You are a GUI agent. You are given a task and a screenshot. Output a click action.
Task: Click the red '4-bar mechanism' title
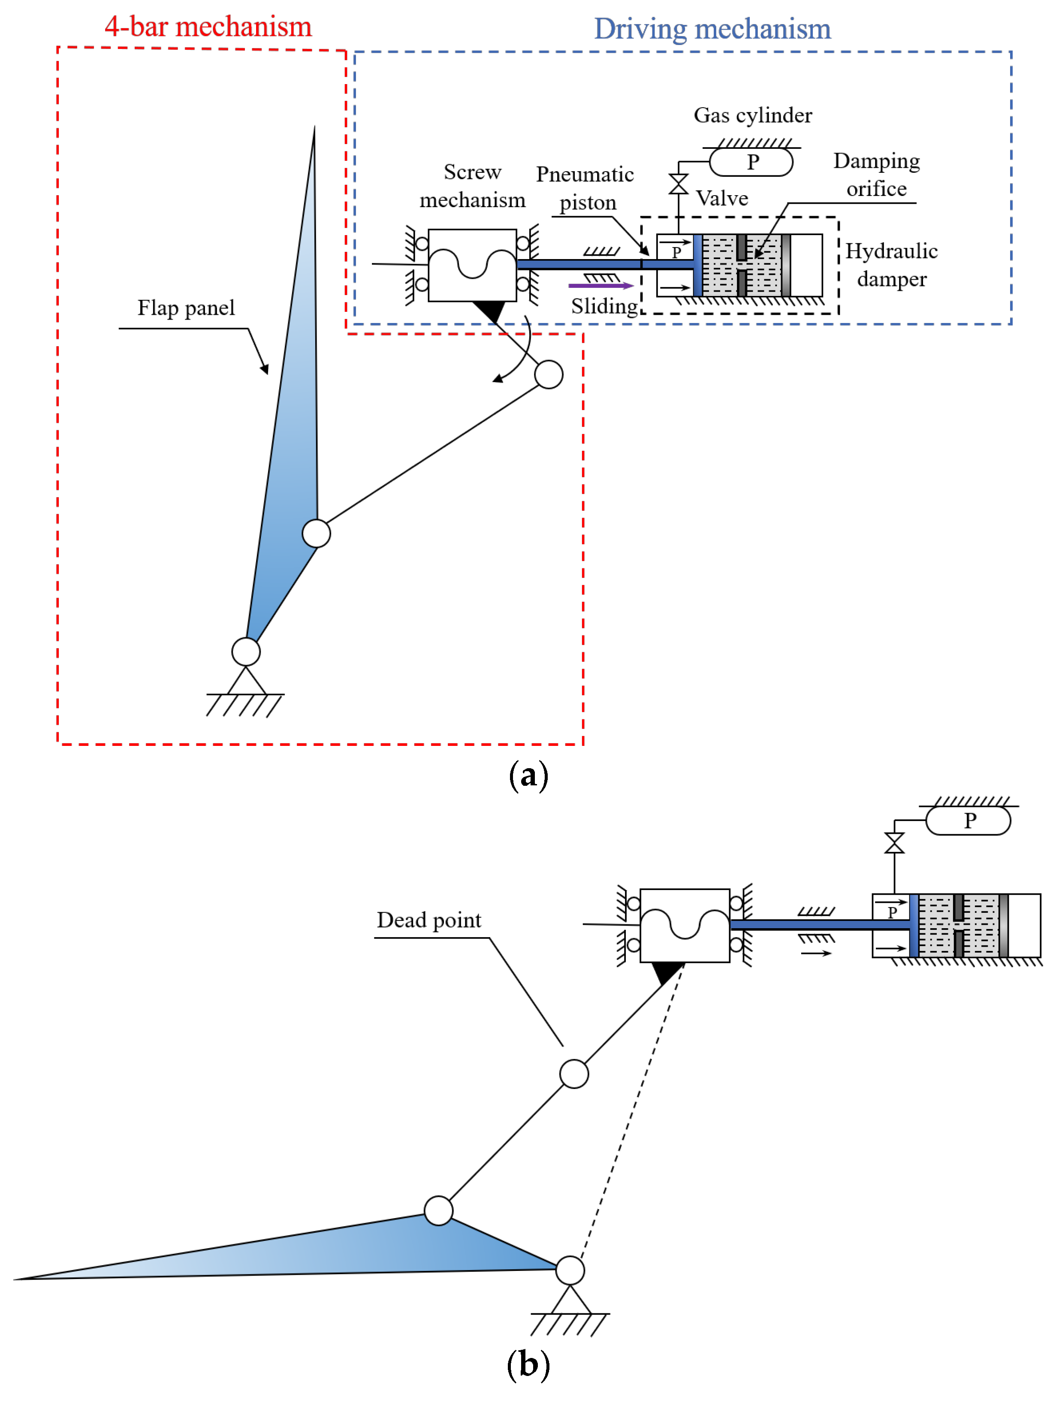[x=208, y=27]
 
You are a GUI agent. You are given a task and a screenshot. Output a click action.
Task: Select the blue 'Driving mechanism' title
[x=712, y=29]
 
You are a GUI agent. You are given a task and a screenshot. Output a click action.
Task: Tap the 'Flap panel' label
[x=186, y=308]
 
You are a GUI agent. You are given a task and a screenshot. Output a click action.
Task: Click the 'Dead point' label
[x=429, y=920]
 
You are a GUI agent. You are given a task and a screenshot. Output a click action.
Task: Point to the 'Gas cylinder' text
[x=752, y=115]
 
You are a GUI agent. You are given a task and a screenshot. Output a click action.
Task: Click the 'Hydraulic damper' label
[x=891, y=265]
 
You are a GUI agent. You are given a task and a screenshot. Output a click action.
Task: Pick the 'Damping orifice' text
[x=876, y=175]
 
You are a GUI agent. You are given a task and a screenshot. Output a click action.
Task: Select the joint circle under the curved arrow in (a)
[x=549, y=374]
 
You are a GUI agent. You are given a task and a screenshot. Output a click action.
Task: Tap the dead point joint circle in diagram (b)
[x=574, y=1074]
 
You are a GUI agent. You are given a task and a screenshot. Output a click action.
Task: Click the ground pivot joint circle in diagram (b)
[x=570, y=1270]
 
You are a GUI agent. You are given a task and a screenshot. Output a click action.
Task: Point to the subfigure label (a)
[x=528, y=776]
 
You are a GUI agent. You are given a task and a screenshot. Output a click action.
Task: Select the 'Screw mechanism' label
[x=473, y=186]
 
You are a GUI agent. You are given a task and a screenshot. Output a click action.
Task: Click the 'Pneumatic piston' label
[x=585, y=188]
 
